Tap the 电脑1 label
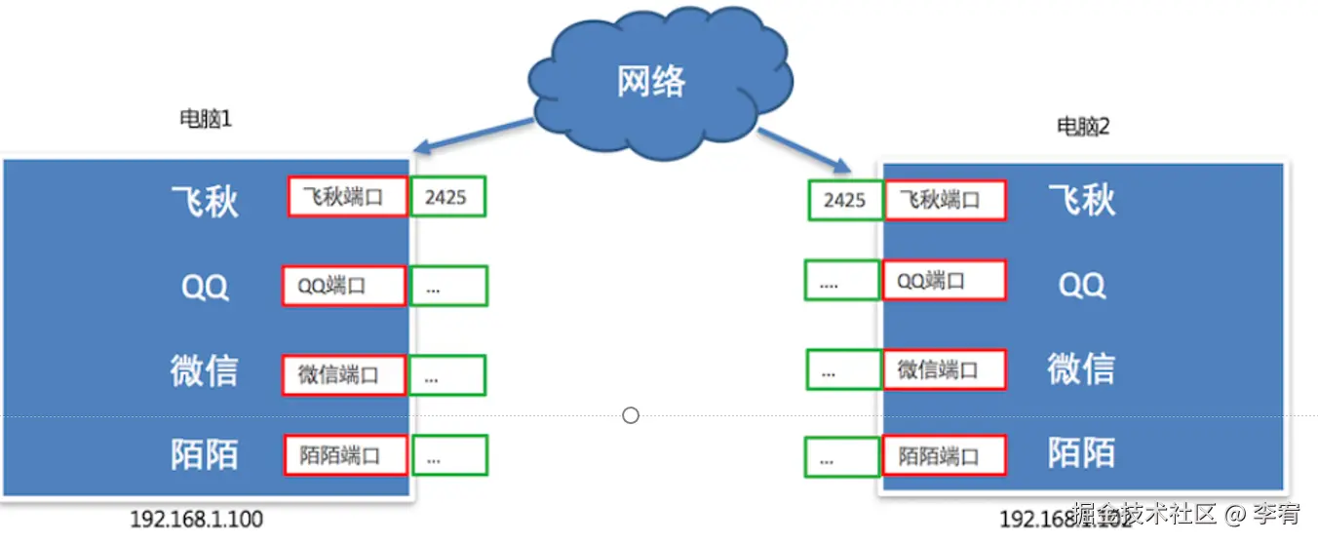pyautogui.click(x=206, y=119)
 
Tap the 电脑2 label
pyautogui.click(x=1083, y=127)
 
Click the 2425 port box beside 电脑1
pyautogui.click(x=447, y=197)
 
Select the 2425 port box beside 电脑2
pyautogui.click(x=844, y=200)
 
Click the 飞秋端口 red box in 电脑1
pyautogui.click(x=347, y=197)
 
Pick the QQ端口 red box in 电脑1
pyautogui.click(x=343, y=286)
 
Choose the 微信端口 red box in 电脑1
pyautogui.click(x=343, y=375)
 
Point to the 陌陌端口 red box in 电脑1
pyautogui.click(x=345, y=455)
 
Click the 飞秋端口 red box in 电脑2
pyautogui.click(x=945, y=201)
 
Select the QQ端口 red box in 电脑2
pyautogui.click(x=944, y=281)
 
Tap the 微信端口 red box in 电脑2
pyautogui.click(x=944, y=369)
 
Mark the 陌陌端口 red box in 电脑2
pyautogui.click(x=944, y=455)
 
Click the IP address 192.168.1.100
pyautogui.click(x=196, y=520)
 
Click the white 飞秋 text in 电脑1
pyautogui.click(x=205, y=201)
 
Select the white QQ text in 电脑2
pyautogui.click(x=1082, y=285)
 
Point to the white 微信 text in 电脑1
pyautogui.click(x=204, y=371)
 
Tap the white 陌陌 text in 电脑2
pyautogui.click(x=1081, y=453)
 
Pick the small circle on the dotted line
pyautogui.click(x=631, y=416)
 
